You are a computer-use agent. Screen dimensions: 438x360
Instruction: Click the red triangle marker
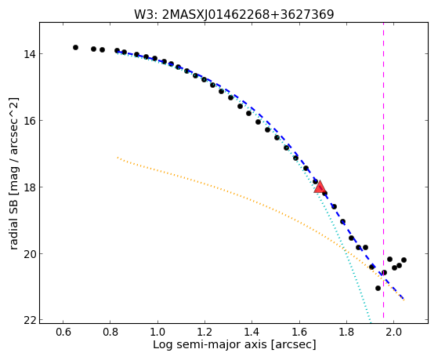(x=319, y=187)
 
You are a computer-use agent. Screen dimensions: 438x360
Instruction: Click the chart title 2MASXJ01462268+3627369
(x=248, y=15)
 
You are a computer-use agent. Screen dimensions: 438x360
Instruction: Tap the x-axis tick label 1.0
(x=157, y=333)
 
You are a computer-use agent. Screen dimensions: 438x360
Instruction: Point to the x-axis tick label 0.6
(x=63, y=333)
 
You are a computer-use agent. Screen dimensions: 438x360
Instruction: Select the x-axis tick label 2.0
(x=393, y=333)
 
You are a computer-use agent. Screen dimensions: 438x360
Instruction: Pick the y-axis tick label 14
(x=29, y=53)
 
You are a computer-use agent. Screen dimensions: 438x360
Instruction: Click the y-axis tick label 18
(x=29, y=187)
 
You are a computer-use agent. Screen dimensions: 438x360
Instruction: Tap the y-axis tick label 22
(x=29, y=320)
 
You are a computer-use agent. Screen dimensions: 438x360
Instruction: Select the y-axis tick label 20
(x=29, y=253)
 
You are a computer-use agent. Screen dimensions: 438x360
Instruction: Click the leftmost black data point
(x=75, y=48)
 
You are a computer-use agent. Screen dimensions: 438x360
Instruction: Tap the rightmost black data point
(x=404, y=260)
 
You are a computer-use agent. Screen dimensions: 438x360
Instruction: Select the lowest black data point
(x=378, y=288)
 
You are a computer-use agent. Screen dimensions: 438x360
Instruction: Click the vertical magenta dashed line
(x=383, y=170)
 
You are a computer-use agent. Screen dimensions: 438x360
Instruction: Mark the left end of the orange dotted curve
(x=118, y=158)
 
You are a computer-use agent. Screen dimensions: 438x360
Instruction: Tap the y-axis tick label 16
(x=29, y=120)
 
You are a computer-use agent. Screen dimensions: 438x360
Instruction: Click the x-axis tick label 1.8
(x=346, y=333)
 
